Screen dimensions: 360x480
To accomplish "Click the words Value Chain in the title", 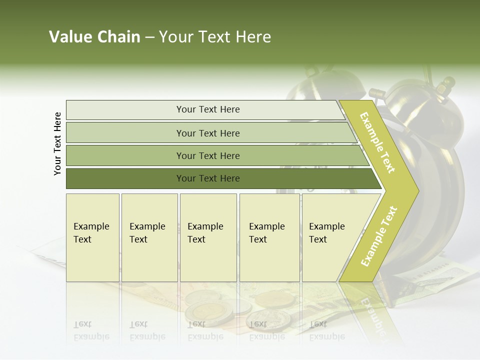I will tap(94, 37).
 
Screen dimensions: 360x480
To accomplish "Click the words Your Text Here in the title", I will tap(215, 37).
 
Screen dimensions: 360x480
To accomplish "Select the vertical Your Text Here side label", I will tap(58, 143).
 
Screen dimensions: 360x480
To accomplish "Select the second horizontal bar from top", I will tap(208, 133).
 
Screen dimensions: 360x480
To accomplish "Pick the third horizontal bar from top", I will tap(208, 155).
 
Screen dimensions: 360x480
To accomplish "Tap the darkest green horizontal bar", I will tap(208, 178).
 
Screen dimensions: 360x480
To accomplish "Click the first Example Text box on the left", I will tap(92, 237).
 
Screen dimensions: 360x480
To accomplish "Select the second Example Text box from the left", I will tap(149, 237).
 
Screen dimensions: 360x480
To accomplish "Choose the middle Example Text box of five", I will tap(208, 237).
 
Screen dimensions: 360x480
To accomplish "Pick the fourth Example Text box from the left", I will tap(269, 237).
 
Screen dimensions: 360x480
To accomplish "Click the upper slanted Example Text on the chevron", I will tap(378, 143).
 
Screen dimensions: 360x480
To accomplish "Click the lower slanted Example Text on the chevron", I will tap(379, 236).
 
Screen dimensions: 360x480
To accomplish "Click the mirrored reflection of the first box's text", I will tap(91, 330).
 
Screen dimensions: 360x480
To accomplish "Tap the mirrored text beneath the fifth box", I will tap(326, 330).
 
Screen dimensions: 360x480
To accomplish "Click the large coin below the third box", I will tap(209, 313).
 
